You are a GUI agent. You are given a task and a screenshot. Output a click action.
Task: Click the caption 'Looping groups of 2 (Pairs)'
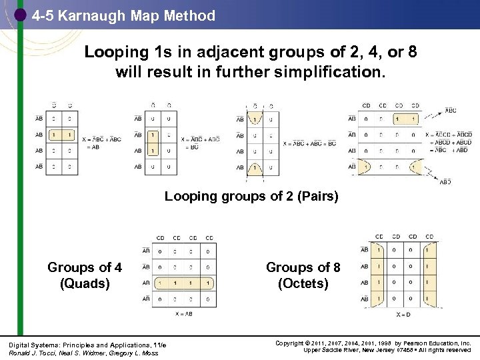coord(251,197)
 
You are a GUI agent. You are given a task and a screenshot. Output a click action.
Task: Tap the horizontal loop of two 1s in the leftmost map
coord(61,135)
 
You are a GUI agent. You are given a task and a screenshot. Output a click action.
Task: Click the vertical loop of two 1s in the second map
coord(153,143)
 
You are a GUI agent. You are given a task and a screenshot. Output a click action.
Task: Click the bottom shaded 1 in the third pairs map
coord(254,167)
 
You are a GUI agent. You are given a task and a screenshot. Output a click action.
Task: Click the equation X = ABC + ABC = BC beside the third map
coord(309,143)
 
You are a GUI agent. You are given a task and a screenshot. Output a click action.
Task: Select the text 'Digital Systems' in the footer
coord(29,344)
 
